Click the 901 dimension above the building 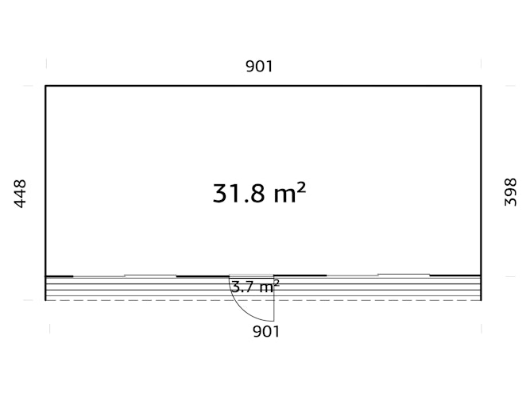(x=259, y=66)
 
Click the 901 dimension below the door (x=266, y=332)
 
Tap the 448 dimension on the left (x=20, y=194)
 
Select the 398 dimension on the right (x=510, y=192)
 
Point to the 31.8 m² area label (x=259, y=193)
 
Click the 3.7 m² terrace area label (x=256, y=287)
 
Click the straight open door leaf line (x=274, y=299)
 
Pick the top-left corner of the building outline (x=45, y=86)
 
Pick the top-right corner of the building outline (x=481, y=86)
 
